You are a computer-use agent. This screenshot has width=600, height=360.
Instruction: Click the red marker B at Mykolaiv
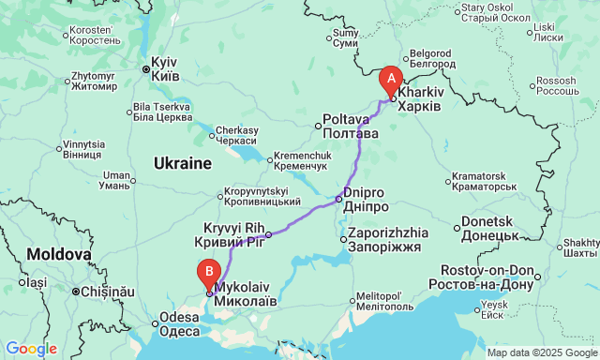coord(207,273)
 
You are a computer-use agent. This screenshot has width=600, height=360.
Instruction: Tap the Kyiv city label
coord(170,67)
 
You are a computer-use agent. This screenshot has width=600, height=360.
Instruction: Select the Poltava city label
coord(351,127)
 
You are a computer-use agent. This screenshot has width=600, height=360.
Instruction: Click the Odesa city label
coord(179,323)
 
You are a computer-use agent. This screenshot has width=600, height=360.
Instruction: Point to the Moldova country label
coord(58,253)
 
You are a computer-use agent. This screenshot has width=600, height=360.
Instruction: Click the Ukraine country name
coord(183,163)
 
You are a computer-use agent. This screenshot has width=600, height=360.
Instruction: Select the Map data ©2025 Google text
coord(541,352)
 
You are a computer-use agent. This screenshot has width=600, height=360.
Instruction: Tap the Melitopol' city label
coord(379,300)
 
